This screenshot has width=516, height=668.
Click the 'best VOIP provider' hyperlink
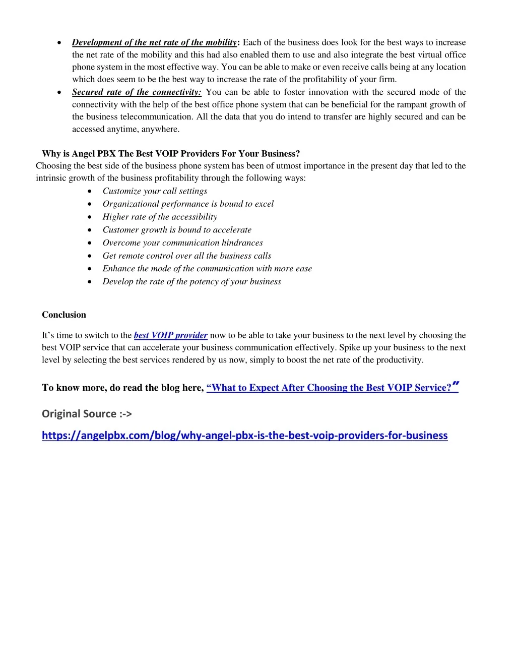(170, 335)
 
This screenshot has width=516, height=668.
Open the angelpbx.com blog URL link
(244, 436)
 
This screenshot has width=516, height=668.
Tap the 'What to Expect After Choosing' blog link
(330, 388)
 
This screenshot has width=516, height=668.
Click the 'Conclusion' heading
(64, 315)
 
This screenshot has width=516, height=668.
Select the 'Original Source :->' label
(87, 414)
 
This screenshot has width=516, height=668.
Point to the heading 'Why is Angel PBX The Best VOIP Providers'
(171, 154)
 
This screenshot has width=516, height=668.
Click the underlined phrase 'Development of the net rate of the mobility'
(154, 42)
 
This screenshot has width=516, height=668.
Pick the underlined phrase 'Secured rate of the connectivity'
(137, 92)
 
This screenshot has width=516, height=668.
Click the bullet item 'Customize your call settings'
(155, 191)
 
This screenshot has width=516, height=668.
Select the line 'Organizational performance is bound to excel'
(188, 204)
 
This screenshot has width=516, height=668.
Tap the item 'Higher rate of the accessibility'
(160, 217)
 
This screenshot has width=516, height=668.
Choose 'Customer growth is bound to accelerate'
(177, 230)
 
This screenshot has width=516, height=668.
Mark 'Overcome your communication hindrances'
(182, 243)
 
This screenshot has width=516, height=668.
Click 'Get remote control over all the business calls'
(187, 256)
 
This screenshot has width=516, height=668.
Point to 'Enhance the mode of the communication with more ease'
(207, 269)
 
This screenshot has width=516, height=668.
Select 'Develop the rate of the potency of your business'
(191, 282)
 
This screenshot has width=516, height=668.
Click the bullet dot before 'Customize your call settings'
(90, 192)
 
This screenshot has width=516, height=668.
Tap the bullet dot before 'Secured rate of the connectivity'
(59, 92)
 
